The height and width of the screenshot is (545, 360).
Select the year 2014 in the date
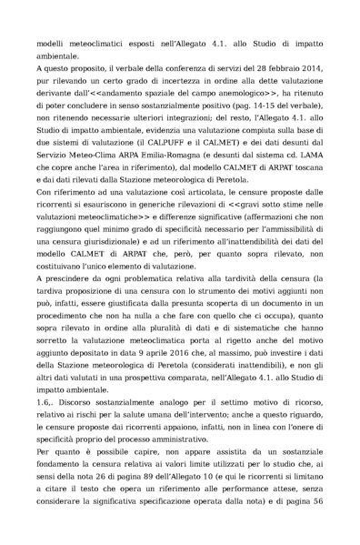click(314, 80)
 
